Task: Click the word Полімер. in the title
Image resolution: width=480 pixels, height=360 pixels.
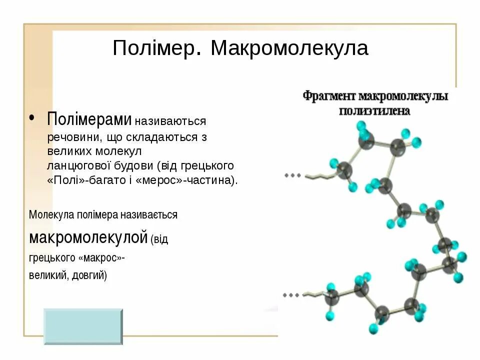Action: [157, 49]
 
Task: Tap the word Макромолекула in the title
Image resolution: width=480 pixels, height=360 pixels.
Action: [289, 49]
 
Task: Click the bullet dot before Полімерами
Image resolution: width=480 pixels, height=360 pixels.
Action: [31, 118]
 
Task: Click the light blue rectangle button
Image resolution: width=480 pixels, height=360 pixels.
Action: [83, 326]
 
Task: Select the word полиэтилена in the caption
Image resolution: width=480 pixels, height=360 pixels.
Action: [374, 110]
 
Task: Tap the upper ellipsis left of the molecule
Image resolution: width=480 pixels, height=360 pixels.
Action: [292, 175]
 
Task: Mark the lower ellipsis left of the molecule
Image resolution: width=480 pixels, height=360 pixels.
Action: [291, 295]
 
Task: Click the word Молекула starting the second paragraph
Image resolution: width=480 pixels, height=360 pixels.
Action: [51, 215]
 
